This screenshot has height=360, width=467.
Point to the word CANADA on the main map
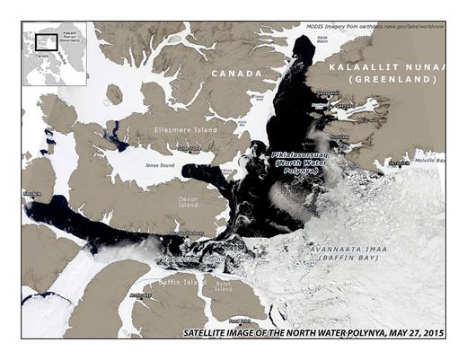click(x=235, y=74)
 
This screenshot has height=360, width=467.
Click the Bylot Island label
click(x=222, y=285)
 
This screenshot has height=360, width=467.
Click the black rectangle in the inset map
click(x=40, y=40)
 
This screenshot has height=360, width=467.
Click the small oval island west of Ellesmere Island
click(x=114, y=94)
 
